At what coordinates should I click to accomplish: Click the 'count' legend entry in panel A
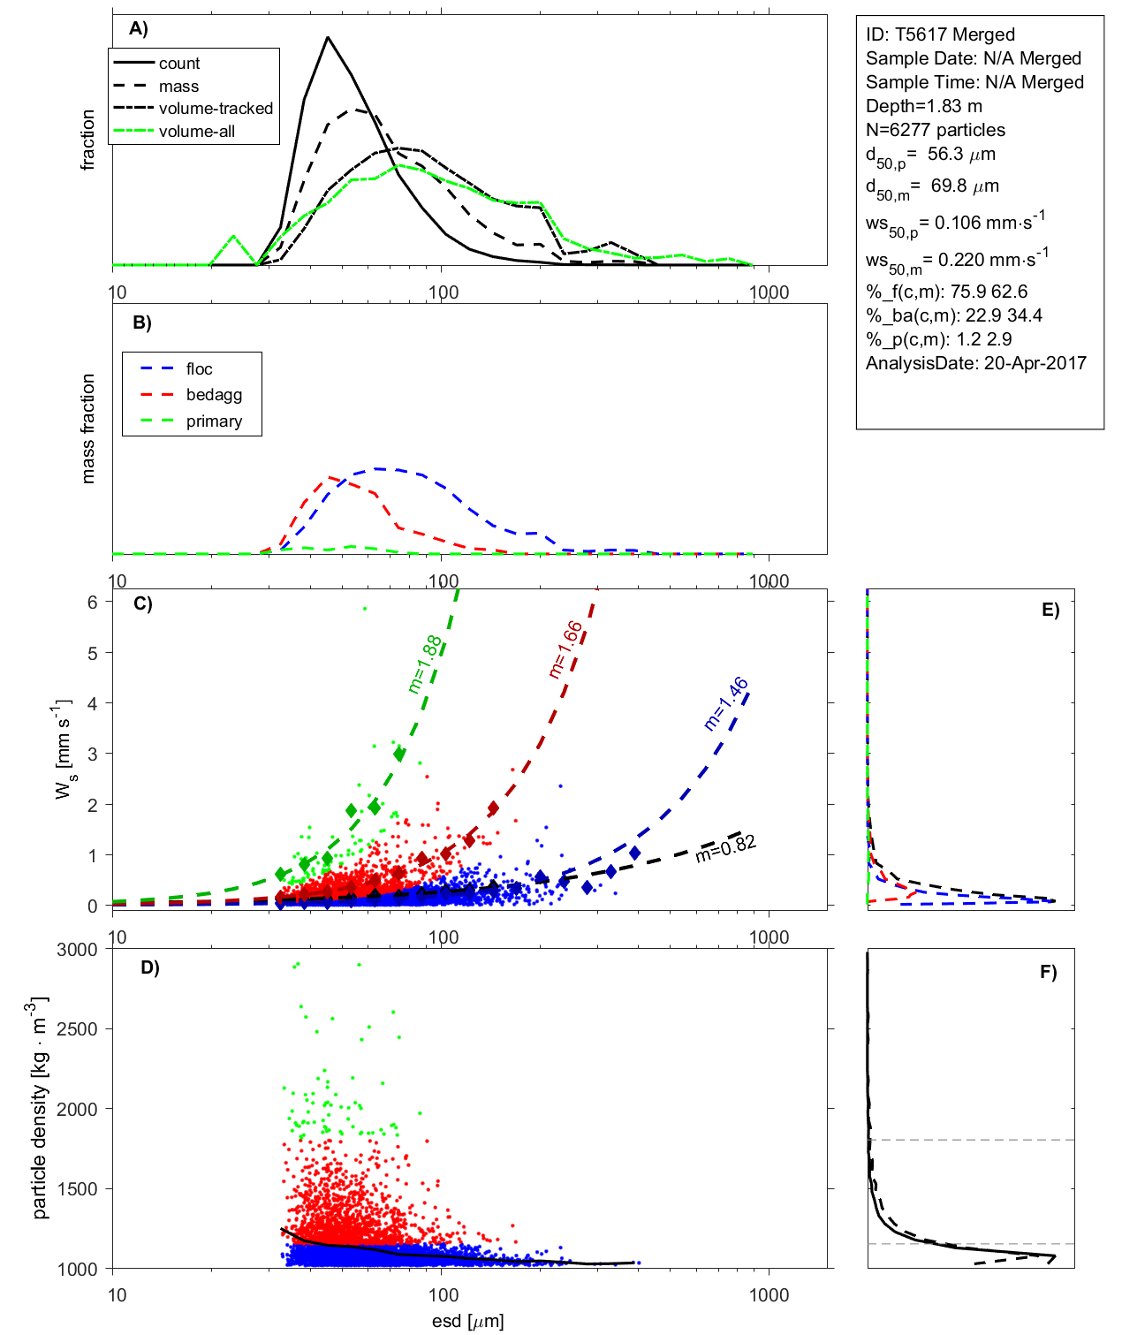click(179, 64)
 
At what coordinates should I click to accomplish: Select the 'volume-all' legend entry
click(196, 132)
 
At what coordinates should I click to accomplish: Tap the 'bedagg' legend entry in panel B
click(214, 395)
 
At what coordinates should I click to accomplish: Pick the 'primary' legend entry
click(214, 421)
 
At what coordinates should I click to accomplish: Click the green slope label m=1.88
click(425, 664)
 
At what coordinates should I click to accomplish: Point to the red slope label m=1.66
click(565, 649)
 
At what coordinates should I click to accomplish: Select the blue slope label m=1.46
click(726, 703)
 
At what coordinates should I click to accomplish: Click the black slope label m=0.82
click(725, 848)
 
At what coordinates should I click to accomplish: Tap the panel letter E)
click(1050, 610)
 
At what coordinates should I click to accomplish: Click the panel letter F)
click(1048, 972)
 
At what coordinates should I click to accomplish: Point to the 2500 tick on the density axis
click(78, 1029)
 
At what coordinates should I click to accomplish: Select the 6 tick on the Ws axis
click(92, 602)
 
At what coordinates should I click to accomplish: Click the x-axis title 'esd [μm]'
click(467, 1322)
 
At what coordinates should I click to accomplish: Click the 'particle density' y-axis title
click(41, 1108)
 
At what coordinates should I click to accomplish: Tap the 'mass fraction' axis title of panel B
click(87, 429)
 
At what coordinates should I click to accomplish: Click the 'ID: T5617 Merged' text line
click(940, 34)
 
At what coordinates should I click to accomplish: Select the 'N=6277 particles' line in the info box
click(935, 130)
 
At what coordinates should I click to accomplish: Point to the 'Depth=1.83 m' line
click(923, 106)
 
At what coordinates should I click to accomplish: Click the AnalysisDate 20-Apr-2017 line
click(975, 363)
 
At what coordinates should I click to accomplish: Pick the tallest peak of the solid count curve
click(328, 37)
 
